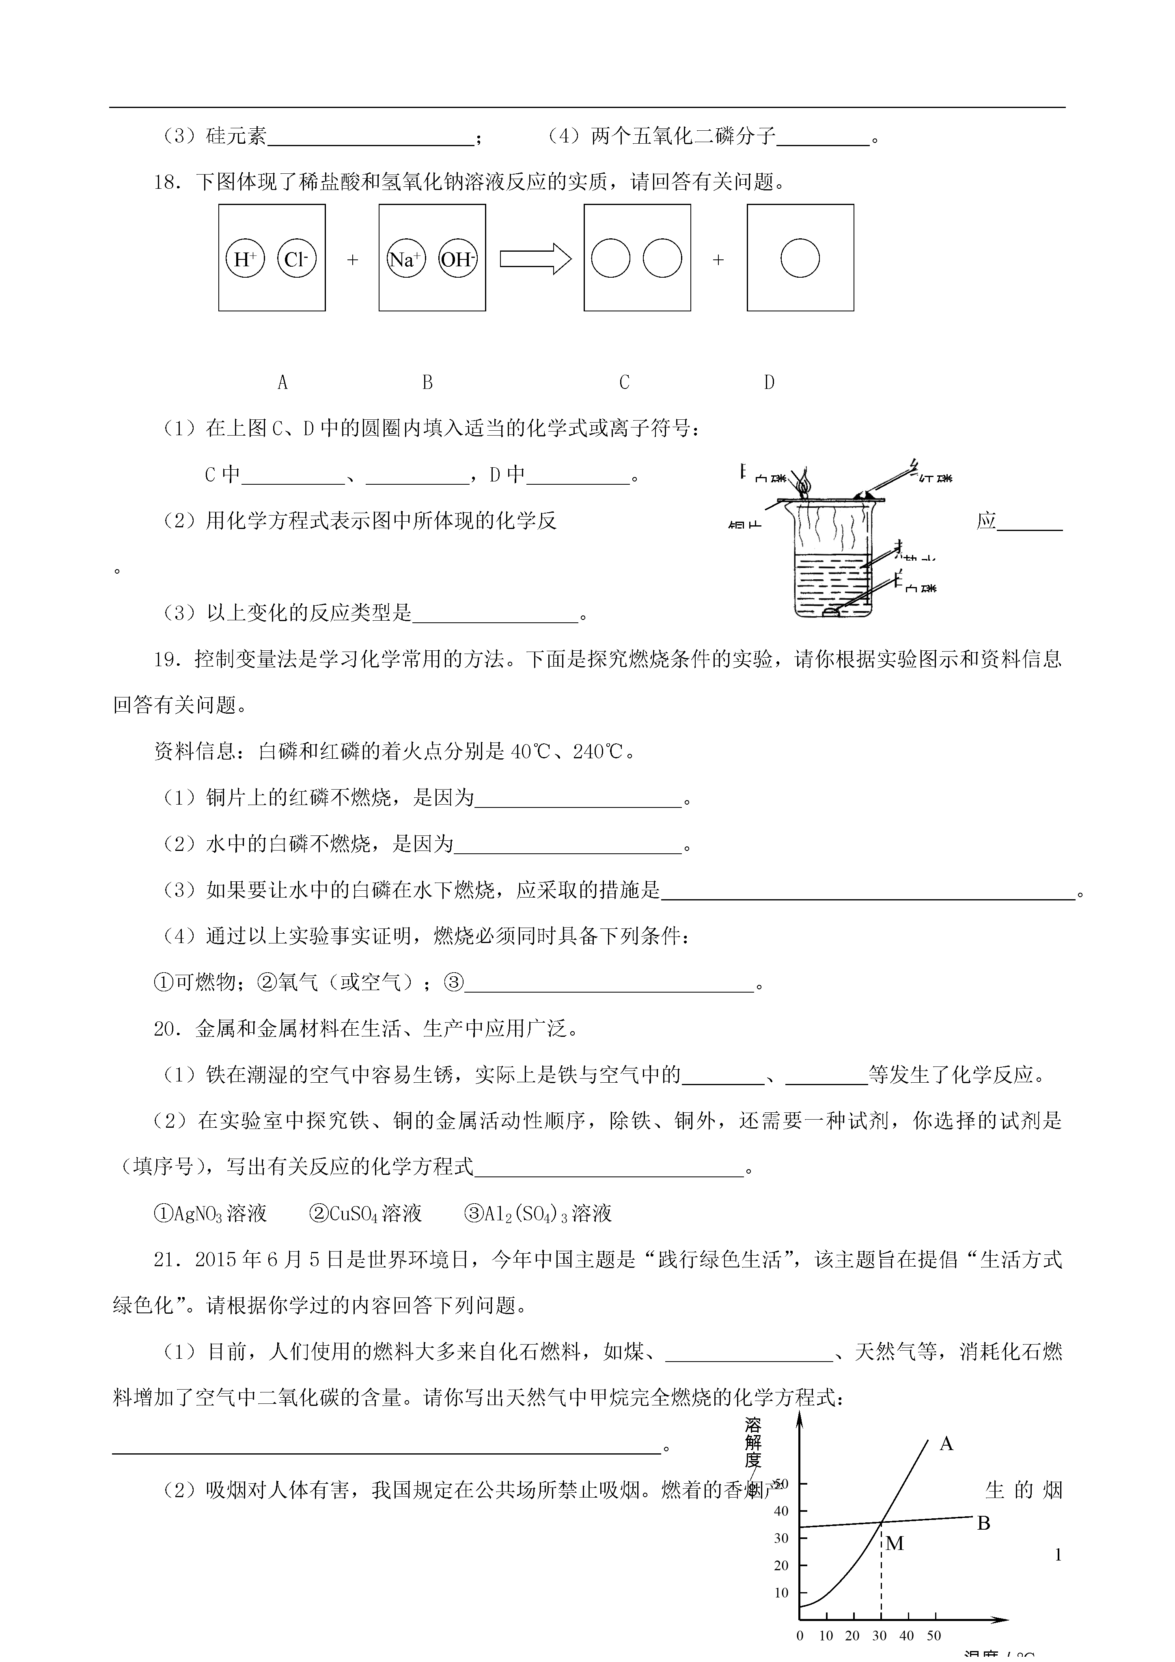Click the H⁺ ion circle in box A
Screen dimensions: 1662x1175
pos(245,259)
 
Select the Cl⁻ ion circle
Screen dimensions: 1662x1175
pos(297,259)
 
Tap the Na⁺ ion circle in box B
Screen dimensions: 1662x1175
pos(406,259)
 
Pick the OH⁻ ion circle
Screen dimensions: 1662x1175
pos(458,259)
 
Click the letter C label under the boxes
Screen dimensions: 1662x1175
pos(624,382)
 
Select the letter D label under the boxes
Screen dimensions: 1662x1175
pos(769,382)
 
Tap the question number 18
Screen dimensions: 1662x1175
pos(166,182)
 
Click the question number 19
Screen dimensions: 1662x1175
pos(166,659)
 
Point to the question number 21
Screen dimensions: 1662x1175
pos(166,1260)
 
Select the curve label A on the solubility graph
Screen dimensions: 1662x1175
pos(946,1444)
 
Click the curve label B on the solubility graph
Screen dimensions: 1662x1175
pos(983,1524)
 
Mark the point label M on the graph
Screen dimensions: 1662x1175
pos(895,1544)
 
